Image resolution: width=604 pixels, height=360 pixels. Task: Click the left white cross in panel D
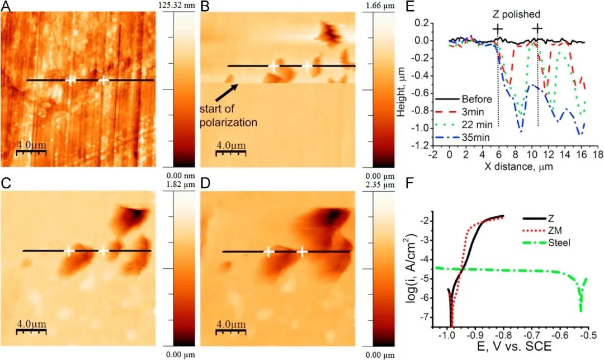[x=268, y=252]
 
